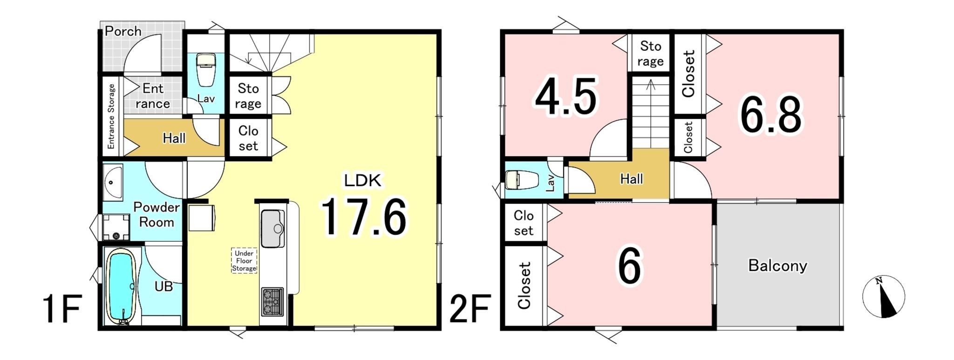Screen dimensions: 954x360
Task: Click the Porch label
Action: tap(123, 31)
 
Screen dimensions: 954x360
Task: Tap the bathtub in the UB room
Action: tap(121, 285)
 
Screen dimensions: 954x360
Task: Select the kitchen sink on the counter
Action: tap(273, 229)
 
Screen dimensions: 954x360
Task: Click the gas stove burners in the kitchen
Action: tap(272, 301)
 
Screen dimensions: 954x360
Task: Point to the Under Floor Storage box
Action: tap(244, 260)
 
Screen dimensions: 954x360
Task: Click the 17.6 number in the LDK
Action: tap(363, 217)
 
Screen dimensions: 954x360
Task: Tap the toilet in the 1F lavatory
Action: tap(206, 70)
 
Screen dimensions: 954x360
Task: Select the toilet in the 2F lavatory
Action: tap(522, 180)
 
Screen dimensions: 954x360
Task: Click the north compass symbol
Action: tap(884, 297)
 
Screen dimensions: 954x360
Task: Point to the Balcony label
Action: tap(777, 265)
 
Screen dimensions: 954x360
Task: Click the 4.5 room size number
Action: tap(566, 97)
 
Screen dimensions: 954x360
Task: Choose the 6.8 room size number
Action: tap(771, 115)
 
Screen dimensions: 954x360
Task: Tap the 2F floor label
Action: tap(469, 309)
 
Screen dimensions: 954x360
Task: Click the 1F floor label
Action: tap(62, 309)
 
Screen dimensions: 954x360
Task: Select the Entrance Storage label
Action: tap(111, 116)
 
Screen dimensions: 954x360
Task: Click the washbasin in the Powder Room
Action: tap(112, 182)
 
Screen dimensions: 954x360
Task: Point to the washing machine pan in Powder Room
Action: tap(116, 227)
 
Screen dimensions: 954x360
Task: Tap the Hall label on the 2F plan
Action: tap(632, 179)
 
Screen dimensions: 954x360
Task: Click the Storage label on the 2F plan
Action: tap(650, 54)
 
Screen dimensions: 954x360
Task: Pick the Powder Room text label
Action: tap(157, 215)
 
